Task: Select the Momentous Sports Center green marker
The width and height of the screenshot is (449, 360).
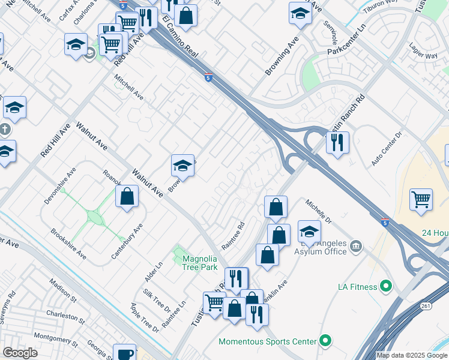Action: (x=325, y=341)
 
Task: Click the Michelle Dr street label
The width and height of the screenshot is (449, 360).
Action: (x=319, y=212)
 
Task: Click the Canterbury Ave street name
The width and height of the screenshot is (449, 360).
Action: (x=127, y=241)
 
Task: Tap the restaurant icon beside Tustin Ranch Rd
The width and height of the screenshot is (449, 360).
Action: (x=337, y=143)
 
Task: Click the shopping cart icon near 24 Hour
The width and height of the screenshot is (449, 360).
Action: (x=421, y=199)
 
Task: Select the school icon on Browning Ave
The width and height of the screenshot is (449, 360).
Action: (x=183, y=165)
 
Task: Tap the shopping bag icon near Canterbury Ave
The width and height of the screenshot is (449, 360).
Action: (x=127, y=196)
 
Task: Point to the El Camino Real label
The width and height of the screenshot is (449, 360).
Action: (x=179, y=37)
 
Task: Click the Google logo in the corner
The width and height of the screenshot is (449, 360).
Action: (x=19, y=352)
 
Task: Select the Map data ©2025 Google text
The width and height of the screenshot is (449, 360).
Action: (x=412, y=355)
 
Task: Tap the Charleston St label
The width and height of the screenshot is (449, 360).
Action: (x=62, y=315)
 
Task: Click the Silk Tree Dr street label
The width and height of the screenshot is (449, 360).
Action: (x=156, y=301)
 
